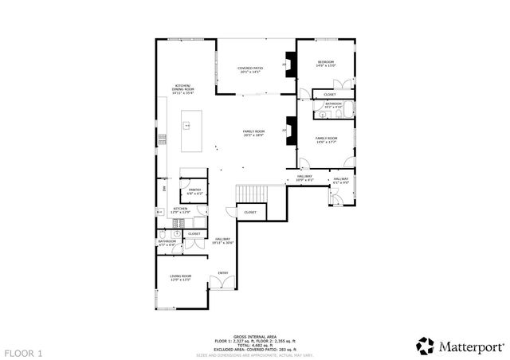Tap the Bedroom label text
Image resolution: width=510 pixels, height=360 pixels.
click(326, 64)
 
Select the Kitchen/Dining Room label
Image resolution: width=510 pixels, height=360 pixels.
click(184, 88)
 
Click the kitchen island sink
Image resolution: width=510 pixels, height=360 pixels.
click(187, 125)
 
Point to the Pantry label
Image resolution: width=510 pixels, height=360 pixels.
click(194, 191)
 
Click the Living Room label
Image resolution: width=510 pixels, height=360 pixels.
click(180, 278)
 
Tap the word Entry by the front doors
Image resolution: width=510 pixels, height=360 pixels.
click(223, 274)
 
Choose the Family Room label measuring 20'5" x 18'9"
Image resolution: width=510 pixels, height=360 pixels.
click(253, 133)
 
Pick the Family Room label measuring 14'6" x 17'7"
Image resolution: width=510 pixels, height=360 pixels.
click(326, 140)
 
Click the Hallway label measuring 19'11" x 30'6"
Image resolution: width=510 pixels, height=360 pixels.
click(222, 241)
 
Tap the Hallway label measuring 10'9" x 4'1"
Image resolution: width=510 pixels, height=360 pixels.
click(305, 178)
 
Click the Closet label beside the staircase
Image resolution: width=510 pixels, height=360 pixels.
click(250, 213)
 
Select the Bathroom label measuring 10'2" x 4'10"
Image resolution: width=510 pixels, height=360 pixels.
click(333, 105)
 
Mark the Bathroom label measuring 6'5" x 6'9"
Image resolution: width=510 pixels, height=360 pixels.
click(167, 242)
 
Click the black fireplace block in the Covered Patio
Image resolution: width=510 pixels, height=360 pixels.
click(291, 65)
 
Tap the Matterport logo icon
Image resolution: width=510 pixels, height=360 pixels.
click(425, 346)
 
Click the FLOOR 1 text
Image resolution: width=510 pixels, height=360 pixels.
click(23, 352)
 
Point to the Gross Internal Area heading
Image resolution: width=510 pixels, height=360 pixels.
click(254, 338)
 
